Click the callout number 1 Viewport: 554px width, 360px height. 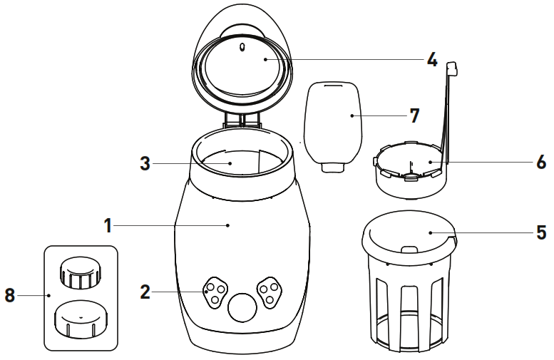(108, 225)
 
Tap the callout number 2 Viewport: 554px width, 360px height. (145, 291)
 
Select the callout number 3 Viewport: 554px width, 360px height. (145, 163)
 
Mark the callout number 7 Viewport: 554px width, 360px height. (414, 114)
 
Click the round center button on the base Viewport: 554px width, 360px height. (240, 309)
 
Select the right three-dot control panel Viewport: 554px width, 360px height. (270, 290)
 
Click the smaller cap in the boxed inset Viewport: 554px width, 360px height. (78, 273)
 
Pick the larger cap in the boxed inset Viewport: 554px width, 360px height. (78, 322)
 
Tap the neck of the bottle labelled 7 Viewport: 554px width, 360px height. (333, 167)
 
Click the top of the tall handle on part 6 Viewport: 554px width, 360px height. (451, 68)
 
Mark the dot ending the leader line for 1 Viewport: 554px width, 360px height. (227, 225)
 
